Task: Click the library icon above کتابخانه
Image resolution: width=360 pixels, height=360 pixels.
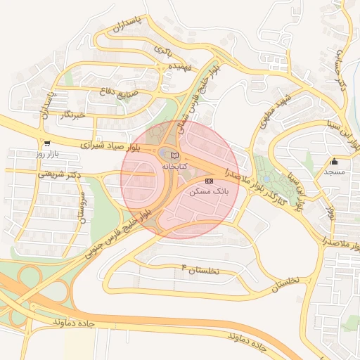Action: click(175, 155)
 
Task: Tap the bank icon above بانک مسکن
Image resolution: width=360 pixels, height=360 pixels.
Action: click(207, 180)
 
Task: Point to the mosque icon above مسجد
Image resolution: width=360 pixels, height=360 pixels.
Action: click(334, 162)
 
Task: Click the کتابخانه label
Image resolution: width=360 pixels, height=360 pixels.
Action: click(175, 167)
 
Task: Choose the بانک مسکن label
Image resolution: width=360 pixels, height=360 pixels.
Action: click(209, 191)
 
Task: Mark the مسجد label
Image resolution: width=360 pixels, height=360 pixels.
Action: click(334, 172)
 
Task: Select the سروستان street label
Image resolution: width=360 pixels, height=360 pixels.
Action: click(82, 207)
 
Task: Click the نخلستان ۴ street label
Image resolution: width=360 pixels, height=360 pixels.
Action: click(200, 269)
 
